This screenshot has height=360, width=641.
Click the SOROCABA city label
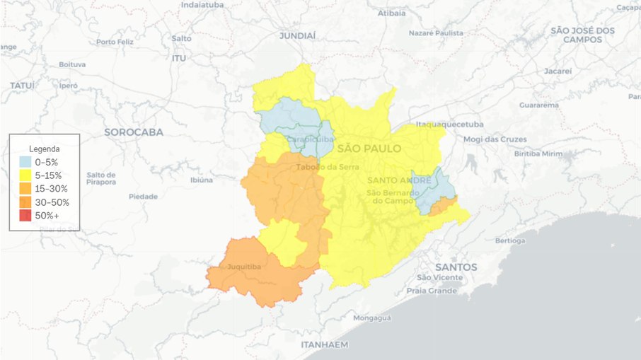(134, 132)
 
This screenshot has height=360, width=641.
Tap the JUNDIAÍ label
(298, 35)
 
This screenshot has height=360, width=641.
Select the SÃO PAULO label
(369, 149)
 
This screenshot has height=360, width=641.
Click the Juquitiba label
(243, 267)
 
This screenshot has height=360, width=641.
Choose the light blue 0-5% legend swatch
(25, 162)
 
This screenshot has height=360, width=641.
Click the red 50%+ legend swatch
(25, 216)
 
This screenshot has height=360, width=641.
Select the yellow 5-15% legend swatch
(25, 175)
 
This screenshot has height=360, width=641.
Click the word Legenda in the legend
(44, 149)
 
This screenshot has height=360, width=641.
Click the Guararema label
(539, 105)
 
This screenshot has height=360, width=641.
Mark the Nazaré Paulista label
(437, 33)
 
